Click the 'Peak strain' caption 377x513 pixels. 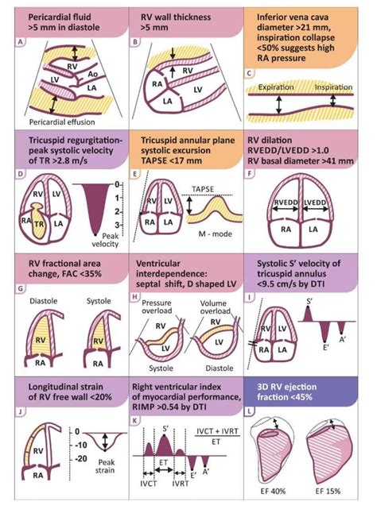coord(107,465)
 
